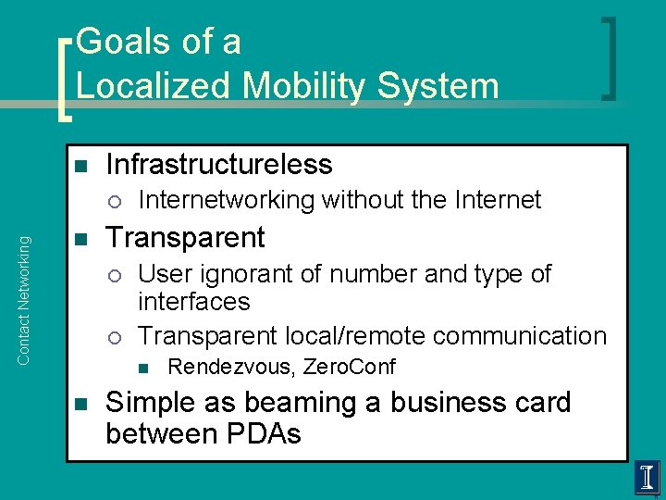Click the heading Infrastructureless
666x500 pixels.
pyautogui.click(x=218, y=165)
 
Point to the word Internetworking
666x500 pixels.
pyautogui.click(x=226, y=200)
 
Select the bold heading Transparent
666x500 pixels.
pyautogui.click(x=185, y=238)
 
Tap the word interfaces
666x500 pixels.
pyautogui.click(x=193, y=302)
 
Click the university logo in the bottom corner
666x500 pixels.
pyautogui.click(x=647, y=479)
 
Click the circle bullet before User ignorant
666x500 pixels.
pyautogui.click(x=113, y=275)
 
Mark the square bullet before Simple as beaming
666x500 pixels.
pyautogui.click(x=80, y=405)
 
